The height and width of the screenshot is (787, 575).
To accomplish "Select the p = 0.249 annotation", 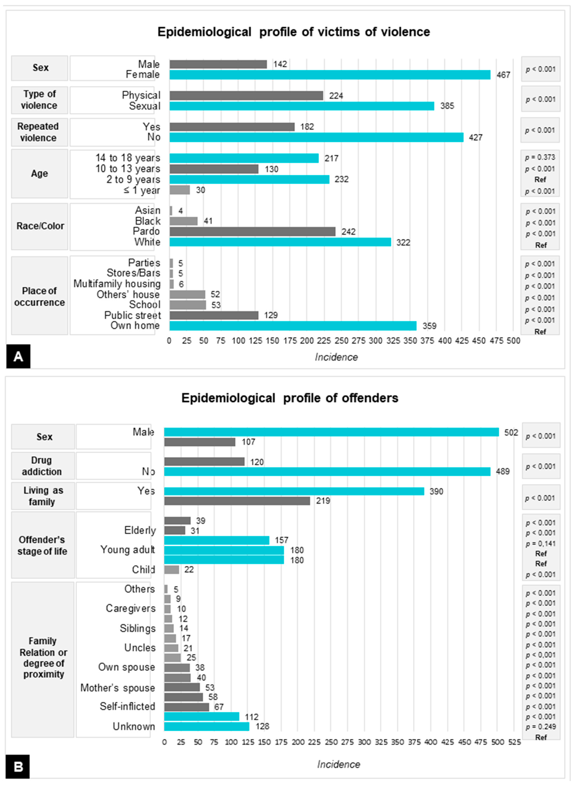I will coord(541,727).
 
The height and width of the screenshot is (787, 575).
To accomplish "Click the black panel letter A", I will coord(18,356).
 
